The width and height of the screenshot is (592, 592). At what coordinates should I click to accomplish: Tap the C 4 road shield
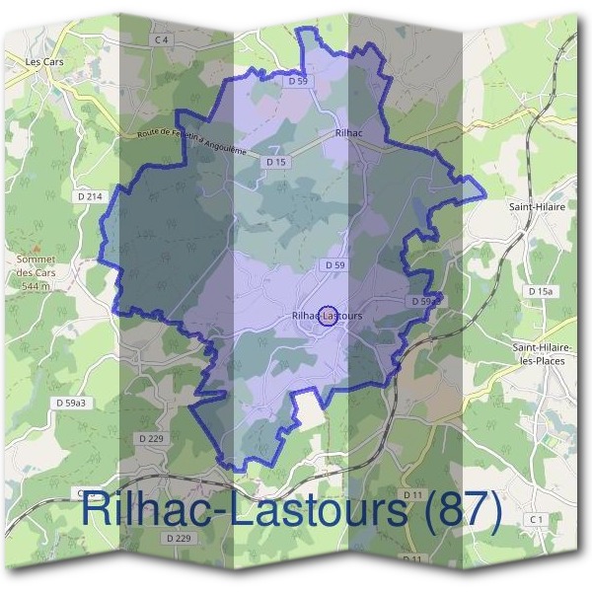click(163, 39)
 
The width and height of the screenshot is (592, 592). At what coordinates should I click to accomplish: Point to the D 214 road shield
click(89, 197)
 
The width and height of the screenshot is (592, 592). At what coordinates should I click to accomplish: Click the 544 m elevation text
click(36, 286)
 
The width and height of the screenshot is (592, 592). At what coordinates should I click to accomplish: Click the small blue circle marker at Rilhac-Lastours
click(330, 312)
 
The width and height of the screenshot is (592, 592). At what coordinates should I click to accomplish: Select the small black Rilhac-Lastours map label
click(328, 316)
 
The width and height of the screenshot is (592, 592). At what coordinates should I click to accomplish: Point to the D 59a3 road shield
click(72, 404)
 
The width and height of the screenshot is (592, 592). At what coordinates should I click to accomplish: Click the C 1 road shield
click(537, 519)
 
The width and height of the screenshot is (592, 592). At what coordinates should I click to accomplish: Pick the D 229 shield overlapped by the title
click(179, 538)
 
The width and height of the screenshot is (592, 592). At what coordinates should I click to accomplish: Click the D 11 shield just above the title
click(412, 492)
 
